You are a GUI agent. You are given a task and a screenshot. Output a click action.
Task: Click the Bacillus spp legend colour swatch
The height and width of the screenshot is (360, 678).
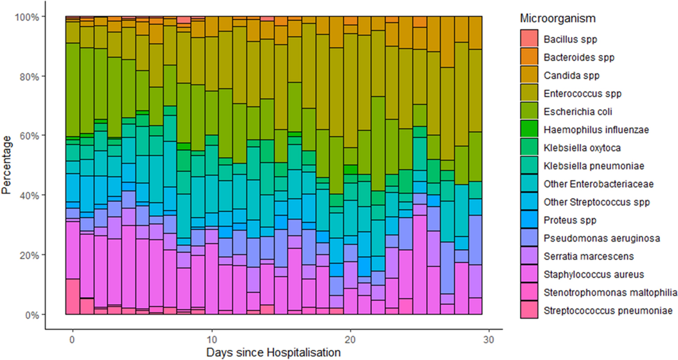[x=529, y=39]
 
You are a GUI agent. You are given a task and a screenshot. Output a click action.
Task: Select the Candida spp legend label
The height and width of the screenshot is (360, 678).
[x=571, y=76]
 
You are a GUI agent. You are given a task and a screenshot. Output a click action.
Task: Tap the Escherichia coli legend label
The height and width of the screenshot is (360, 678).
[x=578, y=112]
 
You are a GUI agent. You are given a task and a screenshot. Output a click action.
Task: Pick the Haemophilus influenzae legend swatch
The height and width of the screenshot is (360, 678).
[x=529, y=129]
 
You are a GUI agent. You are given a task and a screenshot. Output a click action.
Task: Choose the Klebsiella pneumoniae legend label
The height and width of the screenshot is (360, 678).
[x=594, y=166]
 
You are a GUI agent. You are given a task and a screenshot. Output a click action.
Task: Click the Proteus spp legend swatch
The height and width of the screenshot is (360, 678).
[x=529, y=220]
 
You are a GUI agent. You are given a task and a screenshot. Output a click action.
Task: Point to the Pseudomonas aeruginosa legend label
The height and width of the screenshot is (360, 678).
[x=602, y=239]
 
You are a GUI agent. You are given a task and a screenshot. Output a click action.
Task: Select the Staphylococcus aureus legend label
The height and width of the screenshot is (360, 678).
[x=594, y=274]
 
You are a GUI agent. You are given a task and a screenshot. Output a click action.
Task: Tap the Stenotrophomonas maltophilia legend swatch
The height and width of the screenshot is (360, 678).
[x=529, y=292]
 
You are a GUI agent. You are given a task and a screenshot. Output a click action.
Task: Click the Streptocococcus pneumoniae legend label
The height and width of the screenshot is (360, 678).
[x=608, y=311]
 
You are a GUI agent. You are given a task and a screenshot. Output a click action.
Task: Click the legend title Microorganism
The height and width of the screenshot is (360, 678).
[x=557, y=19]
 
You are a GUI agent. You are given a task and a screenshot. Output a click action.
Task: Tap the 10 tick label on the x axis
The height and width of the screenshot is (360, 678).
[x=212, y=340]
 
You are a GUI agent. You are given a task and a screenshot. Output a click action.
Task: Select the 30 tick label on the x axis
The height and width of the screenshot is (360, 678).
[x=488, y=340]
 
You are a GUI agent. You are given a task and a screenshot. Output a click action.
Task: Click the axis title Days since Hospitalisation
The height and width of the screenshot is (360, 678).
[x=273, y=352]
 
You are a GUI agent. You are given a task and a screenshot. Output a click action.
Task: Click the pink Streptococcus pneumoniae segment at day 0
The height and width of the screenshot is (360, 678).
[x=72, y=297]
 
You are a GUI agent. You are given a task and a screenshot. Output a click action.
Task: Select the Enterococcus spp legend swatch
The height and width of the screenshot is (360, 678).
[x=529, y=93]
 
